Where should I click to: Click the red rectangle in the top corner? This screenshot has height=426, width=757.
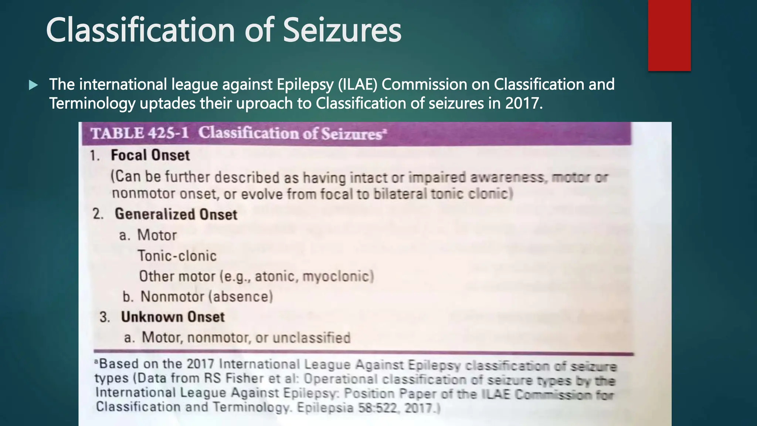click(669, 35)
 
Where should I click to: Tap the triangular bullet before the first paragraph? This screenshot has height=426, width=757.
click(33, 85)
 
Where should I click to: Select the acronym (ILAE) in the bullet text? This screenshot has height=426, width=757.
click(357, 84)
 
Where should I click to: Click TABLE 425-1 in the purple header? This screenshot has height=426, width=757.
click(140, 133)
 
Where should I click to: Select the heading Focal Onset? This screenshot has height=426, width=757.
click(150, 155)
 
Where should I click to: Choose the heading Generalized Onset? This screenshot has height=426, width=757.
click(176, 214)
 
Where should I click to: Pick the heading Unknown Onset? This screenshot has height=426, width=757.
click(173, 317)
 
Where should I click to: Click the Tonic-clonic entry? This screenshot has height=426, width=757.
click(177, 256)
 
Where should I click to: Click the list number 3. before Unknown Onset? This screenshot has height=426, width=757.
click(105, 317)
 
